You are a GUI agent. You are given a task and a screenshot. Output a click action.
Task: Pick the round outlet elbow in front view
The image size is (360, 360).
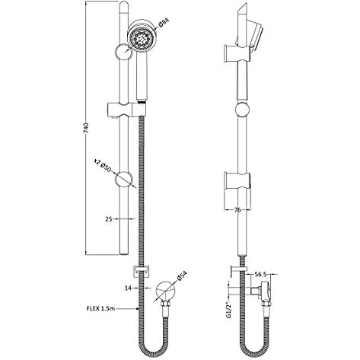[x=163, y=292]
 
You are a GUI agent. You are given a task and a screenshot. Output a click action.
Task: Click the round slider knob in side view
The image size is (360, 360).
[x=242, y=111]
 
